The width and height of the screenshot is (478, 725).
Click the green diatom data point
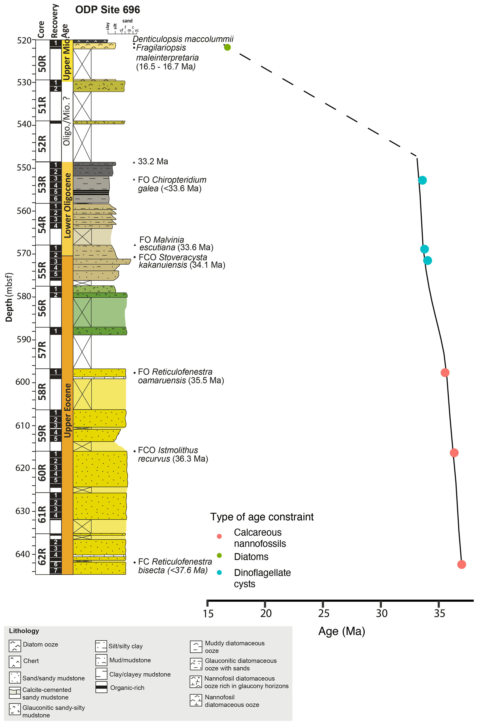tap(227, 47)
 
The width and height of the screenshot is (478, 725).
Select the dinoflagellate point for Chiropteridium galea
tap(422, 180)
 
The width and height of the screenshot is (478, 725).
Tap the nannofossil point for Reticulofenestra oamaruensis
tap(445, 372)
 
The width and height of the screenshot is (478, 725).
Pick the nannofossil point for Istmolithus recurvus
tap(454, 453)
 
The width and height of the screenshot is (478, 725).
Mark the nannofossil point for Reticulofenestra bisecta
tap(462, 564)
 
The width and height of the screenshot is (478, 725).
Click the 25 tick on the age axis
tap(323, 613)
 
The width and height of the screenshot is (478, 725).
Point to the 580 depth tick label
tap(24, 296)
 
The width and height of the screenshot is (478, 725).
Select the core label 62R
tap(42, 556)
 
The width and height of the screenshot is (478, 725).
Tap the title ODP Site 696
tap(108, 10)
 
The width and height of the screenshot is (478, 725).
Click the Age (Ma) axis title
tap(341, 631)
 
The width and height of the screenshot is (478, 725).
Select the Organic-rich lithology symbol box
tap(101, 687)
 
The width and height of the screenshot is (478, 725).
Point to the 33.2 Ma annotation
tap(153, 162)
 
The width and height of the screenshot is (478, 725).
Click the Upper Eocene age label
tap(67, 410)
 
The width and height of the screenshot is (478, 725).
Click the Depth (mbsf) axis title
tap(9, 297)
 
